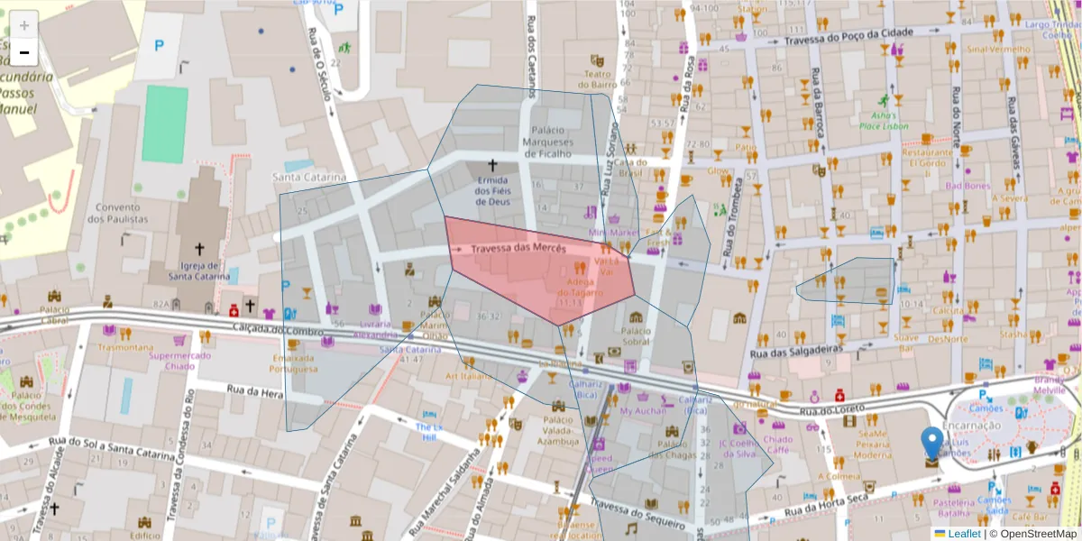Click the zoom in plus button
pos(24,25)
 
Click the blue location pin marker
pos(932,444)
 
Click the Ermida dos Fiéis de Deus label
pos(493,190)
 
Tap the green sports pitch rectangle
pos(165,124)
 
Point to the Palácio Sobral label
pos(636,335)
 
